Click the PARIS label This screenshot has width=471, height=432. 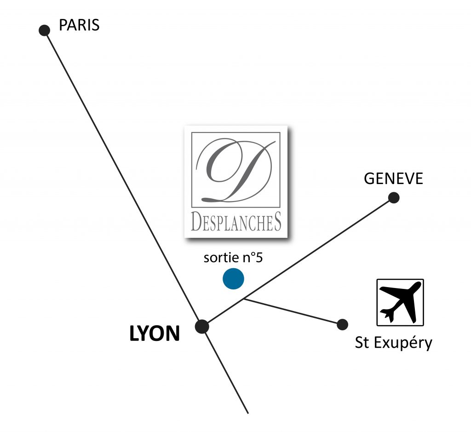tap(79, 25)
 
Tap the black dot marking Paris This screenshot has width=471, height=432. tap(44, 30)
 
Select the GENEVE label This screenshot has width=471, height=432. tap(393, 179)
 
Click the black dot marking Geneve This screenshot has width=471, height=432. tap(394, 198)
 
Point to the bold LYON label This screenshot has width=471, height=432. tap(155, 334)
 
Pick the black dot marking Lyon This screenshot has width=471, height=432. tap(202, 327)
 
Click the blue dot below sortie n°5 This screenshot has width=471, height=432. tap(233, 279)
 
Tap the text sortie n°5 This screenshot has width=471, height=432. tap(233, 258)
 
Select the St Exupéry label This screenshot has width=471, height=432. tap(393, 343)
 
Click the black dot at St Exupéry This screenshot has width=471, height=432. tap(342, 324)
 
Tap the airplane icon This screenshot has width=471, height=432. tap(400, 302)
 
